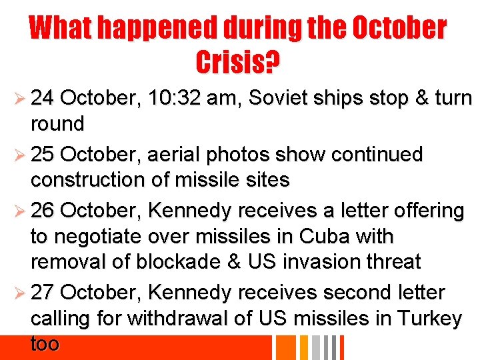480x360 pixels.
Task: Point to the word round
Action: tap(57, 124)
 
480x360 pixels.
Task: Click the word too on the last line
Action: tap(45, 344)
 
